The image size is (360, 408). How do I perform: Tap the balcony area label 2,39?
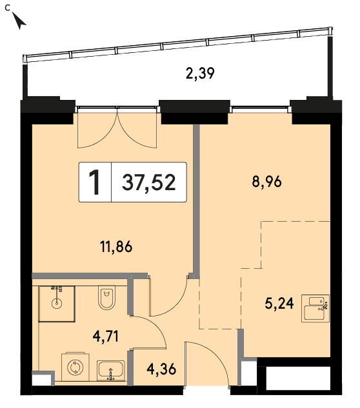pos(200,73)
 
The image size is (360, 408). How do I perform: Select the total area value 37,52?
pos(149,182)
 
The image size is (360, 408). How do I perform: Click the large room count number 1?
pos(95,182)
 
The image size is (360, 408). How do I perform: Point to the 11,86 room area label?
pos(116,247)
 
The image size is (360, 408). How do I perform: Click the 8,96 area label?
pos(266,182)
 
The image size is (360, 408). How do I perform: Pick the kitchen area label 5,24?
pos(279,304)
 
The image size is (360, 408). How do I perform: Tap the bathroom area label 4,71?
pos(106,336)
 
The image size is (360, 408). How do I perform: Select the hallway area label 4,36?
pos(161,369)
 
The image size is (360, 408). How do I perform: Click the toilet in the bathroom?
pos(107,297)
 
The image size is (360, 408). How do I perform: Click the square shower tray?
pos(57,304)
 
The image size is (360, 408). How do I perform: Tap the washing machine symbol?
pos(75,367)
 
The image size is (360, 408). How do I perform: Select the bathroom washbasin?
pos(111,370)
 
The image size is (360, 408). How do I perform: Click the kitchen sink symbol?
pos(315,309)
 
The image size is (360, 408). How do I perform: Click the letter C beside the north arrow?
pos(7,8)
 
